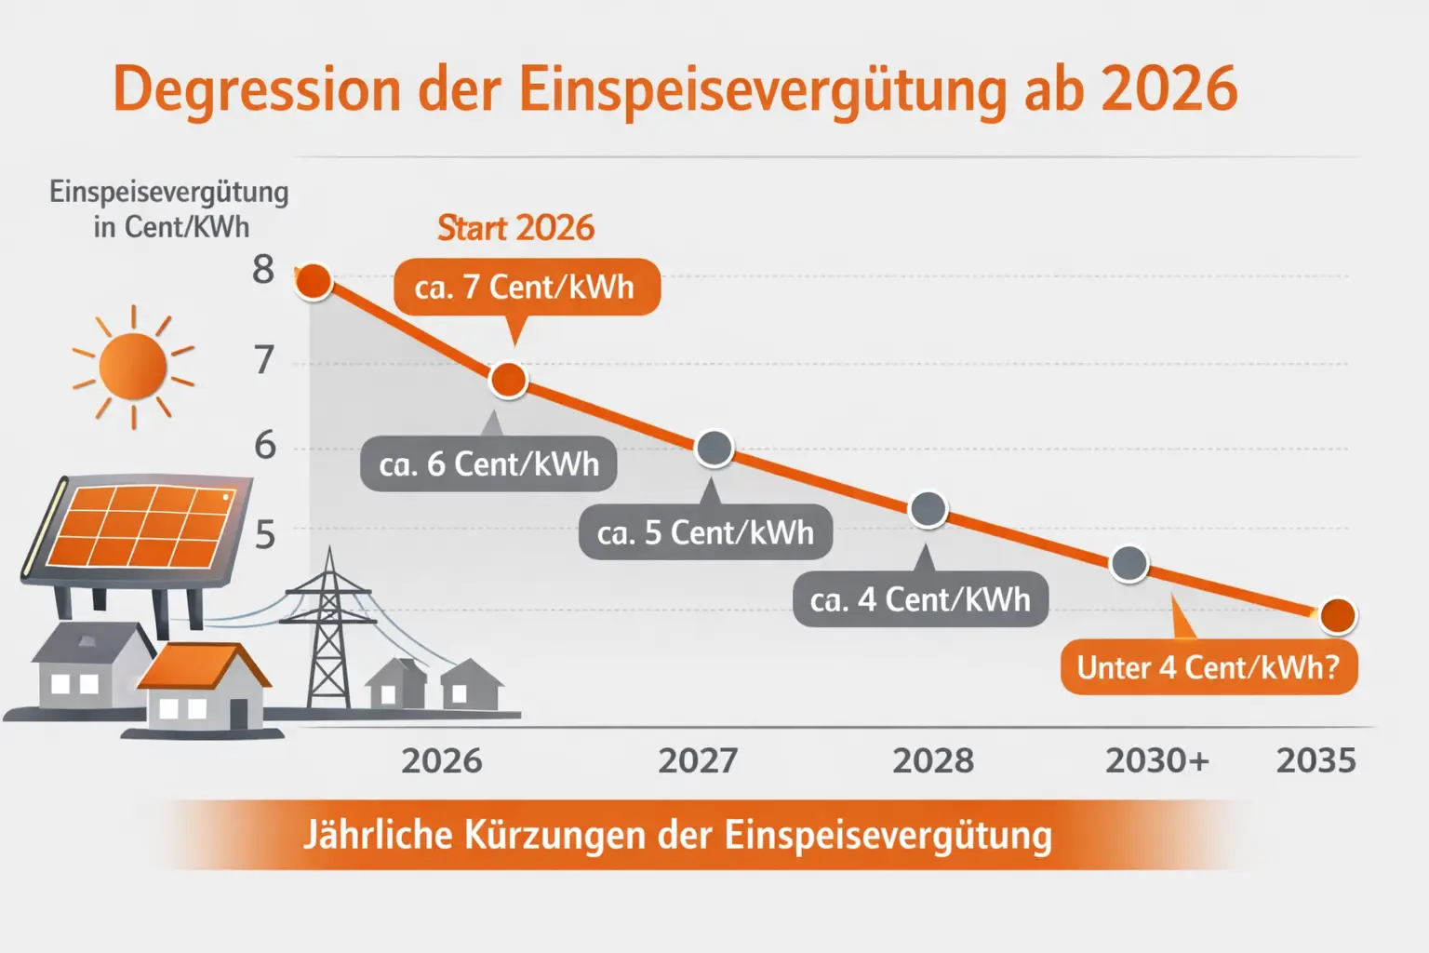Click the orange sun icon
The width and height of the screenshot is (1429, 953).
point(133,366)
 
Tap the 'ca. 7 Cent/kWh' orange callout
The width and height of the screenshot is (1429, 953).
point(525,288)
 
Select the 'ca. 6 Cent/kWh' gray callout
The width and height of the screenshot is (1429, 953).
point(488,463)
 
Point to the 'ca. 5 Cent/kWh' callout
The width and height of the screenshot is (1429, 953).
point(705,532)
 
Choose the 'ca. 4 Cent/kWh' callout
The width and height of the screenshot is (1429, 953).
point(920,599)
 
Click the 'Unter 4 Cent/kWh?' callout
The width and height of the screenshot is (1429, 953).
point(1208,667)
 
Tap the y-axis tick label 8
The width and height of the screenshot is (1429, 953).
point(263,270)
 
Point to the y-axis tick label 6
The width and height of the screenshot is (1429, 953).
point(265,446)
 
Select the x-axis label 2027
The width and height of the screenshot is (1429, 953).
point(698,761)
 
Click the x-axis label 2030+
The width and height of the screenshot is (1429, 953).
point(1156,761)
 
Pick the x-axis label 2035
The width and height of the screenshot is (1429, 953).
point(1315,761)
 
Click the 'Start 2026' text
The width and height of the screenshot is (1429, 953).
point(515,228)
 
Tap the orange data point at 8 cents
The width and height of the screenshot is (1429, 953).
point(314,281)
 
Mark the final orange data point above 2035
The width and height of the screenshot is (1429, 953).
point(1338,615)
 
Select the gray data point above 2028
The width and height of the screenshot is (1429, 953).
point(928,509)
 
